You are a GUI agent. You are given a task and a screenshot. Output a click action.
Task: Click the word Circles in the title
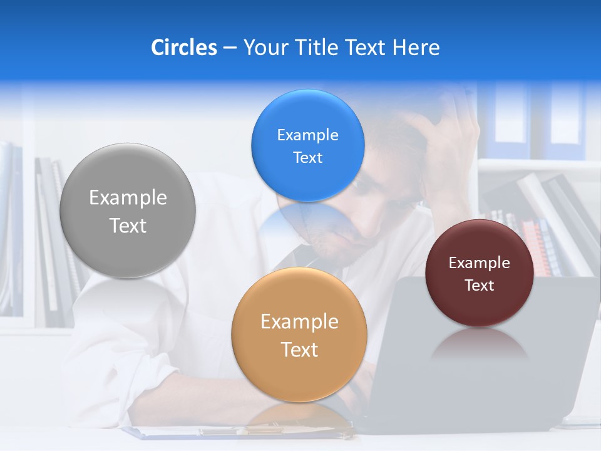[183, 48]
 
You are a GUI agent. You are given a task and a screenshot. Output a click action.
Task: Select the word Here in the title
[416, 48]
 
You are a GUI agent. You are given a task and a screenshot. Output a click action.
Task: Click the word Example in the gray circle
[128, 198]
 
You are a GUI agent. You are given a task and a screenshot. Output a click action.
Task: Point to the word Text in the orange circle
[299, 350]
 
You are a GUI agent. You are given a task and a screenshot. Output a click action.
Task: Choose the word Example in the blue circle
[307, 135]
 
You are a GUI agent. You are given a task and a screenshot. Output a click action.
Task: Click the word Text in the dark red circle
[479, 286]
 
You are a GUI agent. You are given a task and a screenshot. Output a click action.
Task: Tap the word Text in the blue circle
[307, 157]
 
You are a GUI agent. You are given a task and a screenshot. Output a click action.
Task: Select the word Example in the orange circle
[299, 322]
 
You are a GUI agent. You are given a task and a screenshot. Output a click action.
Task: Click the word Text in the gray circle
[128, 225]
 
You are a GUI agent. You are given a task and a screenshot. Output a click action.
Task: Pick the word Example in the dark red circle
[479, 263]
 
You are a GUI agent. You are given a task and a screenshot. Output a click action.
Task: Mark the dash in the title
[230, 48]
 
